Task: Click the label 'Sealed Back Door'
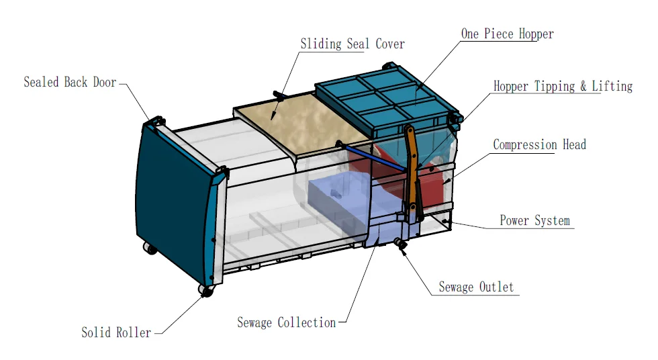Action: (70, 83)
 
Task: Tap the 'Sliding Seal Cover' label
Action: (352, 44)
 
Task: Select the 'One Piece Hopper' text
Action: (507, 34)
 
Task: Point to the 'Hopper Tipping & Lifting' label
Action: (563, 87)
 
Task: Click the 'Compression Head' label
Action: (539, 145)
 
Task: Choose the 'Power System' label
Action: (534, 221)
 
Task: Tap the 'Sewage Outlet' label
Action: (476, 287)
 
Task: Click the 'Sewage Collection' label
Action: (286, 323)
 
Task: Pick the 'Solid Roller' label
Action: (116, 332)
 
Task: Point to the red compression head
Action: (430, 178)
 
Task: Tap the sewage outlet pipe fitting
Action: (402, 244)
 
